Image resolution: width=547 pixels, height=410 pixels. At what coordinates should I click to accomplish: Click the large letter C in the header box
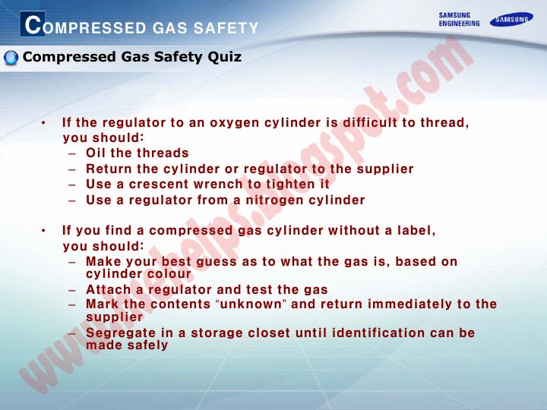(32, 25)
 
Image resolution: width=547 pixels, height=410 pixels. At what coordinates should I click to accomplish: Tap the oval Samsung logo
(511, 19)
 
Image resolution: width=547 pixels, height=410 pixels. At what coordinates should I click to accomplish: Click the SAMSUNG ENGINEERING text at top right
(459, 19)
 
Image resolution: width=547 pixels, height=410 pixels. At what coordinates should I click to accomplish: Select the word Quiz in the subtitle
(225, 57)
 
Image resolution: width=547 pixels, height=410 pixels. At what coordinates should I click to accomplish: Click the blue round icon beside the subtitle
(11, 58)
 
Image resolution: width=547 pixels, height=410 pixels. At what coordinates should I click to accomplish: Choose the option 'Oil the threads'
(137, 153)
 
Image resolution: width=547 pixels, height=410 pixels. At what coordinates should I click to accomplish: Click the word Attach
(107, 289)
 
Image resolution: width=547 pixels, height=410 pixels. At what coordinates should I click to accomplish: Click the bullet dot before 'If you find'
(45, 230)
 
